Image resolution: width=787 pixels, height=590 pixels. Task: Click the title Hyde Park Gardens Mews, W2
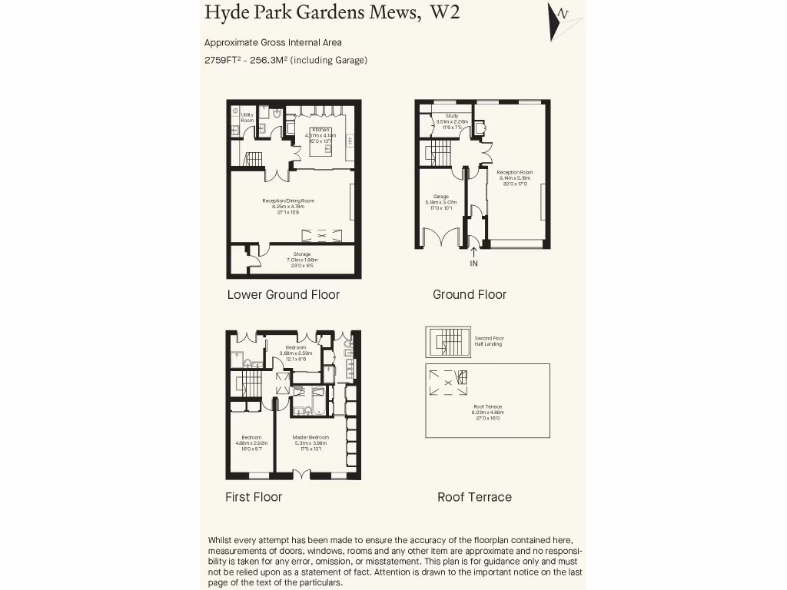(x=332, y=13)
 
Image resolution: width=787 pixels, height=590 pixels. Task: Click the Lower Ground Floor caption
(x=283, y=294)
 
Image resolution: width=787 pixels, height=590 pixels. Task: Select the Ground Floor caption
(x=469, y=294)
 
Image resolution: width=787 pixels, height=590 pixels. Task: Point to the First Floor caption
(x=253, y=497)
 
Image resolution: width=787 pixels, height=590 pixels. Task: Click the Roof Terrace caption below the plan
(x=474, y=497)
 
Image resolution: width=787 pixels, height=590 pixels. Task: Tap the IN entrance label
(x=473, y=264)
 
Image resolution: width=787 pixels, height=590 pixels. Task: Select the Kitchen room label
(x=320, y=129)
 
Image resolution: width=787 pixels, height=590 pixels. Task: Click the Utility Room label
(x=247, y=118)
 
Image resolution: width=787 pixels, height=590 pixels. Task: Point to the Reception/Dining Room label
(x=288, y=201)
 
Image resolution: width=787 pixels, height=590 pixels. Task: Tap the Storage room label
(x=302, y=254)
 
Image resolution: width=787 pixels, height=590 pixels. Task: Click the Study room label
(x=451, y=116)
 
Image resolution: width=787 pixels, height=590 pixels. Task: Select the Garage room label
(x=440, y=197)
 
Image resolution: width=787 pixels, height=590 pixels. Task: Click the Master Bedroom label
(x=310, y=438)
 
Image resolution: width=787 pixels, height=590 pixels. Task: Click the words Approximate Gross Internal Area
(x=273, y=43)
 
